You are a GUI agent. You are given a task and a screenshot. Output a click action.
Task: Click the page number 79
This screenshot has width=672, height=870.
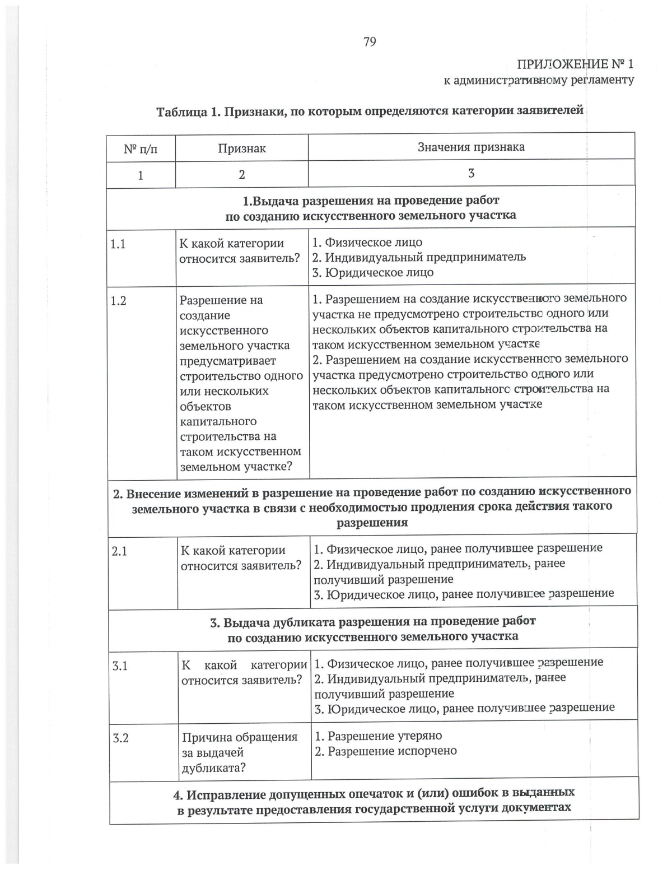[370, 42]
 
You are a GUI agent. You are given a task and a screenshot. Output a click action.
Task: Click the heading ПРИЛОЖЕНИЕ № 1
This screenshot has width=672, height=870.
[575, 64]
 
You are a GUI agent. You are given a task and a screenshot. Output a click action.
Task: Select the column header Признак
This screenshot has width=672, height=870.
[241, 148]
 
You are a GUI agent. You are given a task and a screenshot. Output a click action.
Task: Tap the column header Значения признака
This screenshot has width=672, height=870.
[471, 147]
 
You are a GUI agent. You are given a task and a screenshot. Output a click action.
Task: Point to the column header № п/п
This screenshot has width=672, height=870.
[141, 149]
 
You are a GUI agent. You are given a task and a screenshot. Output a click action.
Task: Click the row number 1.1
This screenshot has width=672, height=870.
[118, 244]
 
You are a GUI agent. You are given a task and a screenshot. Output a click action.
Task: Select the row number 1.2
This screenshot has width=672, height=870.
[119, 301]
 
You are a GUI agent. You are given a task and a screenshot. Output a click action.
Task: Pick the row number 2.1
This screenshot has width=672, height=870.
[120, 551]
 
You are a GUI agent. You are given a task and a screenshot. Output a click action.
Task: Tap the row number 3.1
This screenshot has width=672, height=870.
[120, 666]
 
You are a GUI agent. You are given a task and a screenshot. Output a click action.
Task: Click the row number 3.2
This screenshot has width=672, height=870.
[121, 738]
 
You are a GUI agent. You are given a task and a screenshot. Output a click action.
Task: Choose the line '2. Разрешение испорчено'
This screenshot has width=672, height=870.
[385, 751]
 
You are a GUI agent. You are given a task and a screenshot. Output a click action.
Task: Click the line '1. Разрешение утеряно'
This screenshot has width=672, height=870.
[378, 736]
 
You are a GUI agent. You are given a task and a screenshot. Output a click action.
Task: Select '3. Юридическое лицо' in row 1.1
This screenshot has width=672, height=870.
[372, 273]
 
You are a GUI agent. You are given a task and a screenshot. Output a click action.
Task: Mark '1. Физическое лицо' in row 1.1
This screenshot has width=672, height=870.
[367, 243]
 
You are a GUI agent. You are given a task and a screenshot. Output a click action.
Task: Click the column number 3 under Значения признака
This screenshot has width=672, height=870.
[471, 174]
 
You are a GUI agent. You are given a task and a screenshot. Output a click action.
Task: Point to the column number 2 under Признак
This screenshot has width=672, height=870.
[241, 175]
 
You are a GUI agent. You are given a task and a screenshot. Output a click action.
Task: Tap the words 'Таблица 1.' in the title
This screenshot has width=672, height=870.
[188, 111]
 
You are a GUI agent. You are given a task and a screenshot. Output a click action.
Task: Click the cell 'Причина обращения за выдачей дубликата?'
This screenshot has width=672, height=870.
[239, 752]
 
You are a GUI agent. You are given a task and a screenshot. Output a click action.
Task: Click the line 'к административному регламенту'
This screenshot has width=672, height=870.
[539, 80]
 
